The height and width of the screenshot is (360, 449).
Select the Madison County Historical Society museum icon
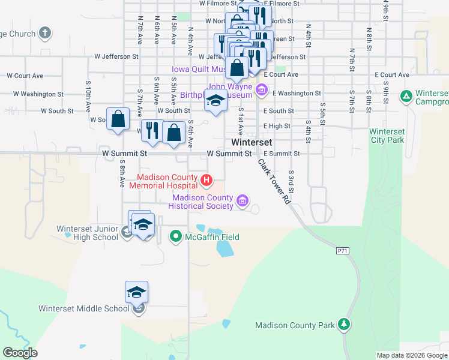point(243,200)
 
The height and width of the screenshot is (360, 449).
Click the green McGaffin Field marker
point(176,237)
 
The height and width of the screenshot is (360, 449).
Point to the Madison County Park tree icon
point(343,325)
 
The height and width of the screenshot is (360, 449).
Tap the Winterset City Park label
point(387,136)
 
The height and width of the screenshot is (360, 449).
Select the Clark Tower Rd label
point(275,182)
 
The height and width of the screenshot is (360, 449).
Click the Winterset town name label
point(252,143)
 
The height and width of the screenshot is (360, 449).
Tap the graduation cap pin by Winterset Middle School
point(136,292)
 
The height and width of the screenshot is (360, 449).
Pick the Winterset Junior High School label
point(88,233)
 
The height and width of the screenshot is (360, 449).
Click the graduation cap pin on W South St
point(215,100)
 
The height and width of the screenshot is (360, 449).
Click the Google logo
point(20,353)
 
